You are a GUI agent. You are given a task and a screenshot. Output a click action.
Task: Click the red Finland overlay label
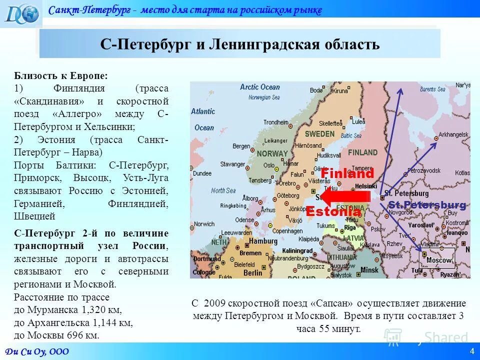tap(347, 174)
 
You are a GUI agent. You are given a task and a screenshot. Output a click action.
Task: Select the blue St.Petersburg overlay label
tap(427, 205)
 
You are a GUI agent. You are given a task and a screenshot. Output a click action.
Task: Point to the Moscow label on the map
tap(438, 260)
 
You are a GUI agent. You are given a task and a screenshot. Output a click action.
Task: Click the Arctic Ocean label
tap(260, 87)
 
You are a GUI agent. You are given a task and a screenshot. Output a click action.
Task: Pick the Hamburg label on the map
tap(263, 240)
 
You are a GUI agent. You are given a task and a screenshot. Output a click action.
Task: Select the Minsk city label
tap(369, 269)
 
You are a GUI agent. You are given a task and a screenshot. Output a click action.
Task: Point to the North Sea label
tap(223, 190)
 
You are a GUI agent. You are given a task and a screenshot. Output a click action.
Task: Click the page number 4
tap(471, 351)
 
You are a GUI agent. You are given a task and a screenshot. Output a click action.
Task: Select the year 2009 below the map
tap(215, 303)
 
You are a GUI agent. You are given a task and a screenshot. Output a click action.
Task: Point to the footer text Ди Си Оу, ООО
tap(37, 351)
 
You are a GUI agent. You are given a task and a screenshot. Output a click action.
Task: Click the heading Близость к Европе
tap(60, 75)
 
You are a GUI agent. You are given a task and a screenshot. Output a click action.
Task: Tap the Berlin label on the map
tap(253, 272)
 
